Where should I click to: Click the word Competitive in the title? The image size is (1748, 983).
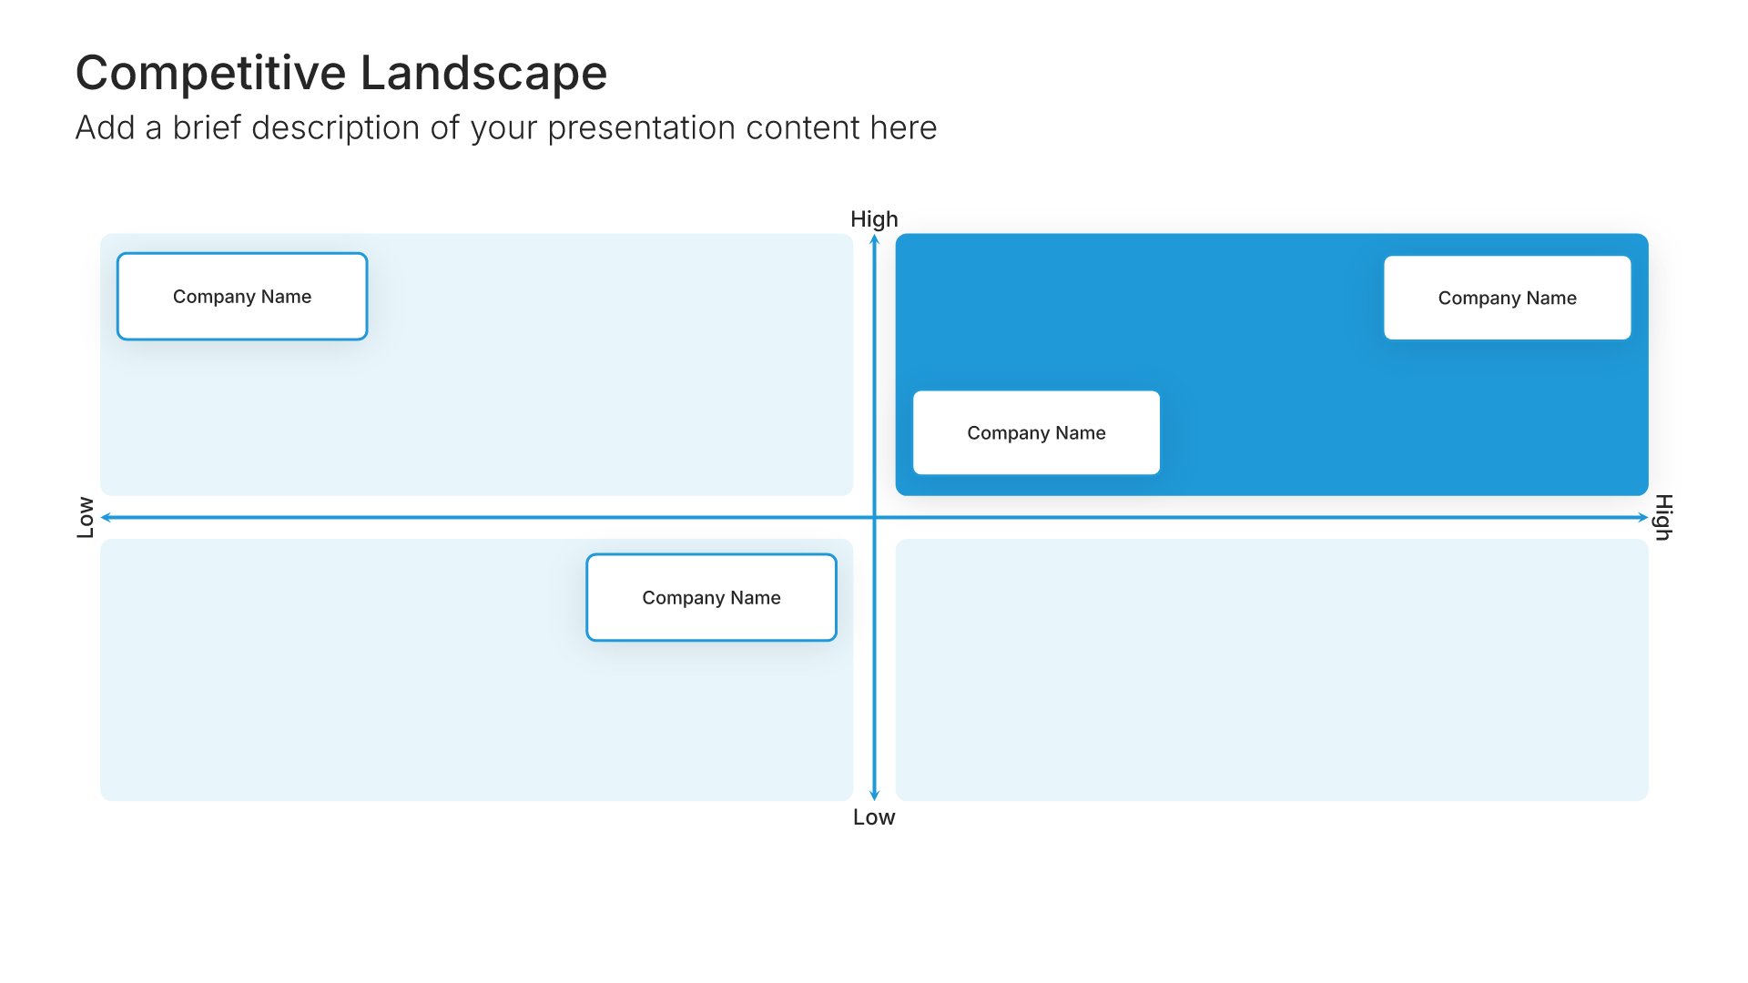[x=211, y=74]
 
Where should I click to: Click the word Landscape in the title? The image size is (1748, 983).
[x=484, y=73]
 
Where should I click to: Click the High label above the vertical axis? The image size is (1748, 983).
[x=874, y=219]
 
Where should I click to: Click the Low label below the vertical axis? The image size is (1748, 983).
[x=874, y=817]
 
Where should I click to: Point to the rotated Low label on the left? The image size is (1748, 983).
[x=86, y=517]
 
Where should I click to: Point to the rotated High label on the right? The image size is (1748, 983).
[x=1663, y=517]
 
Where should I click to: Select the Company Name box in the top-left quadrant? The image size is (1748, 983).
[x=242, y=297]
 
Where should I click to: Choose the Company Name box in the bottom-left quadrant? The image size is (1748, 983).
[x=712, y=597]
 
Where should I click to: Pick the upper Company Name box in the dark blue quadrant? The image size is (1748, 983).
[x=1508, y=298]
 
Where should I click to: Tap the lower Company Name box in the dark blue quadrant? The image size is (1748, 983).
[x=1036, y=432]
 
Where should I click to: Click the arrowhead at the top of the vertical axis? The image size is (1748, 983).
[x=874, y=238]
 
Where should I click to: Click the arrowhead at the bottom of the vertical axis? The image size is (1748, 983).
[x=874, y=796]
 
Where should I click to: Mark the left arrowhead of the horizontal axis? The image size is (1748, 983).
[x=106, y=517]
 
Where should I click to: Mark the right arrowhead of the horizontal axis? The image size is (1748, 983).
[x=1643, y=517]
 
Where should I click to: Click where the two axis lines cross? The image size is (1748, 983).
[x=874, y=517]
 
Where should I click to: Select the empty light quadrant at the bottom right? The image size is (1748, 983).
[x=1272, y=670]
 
